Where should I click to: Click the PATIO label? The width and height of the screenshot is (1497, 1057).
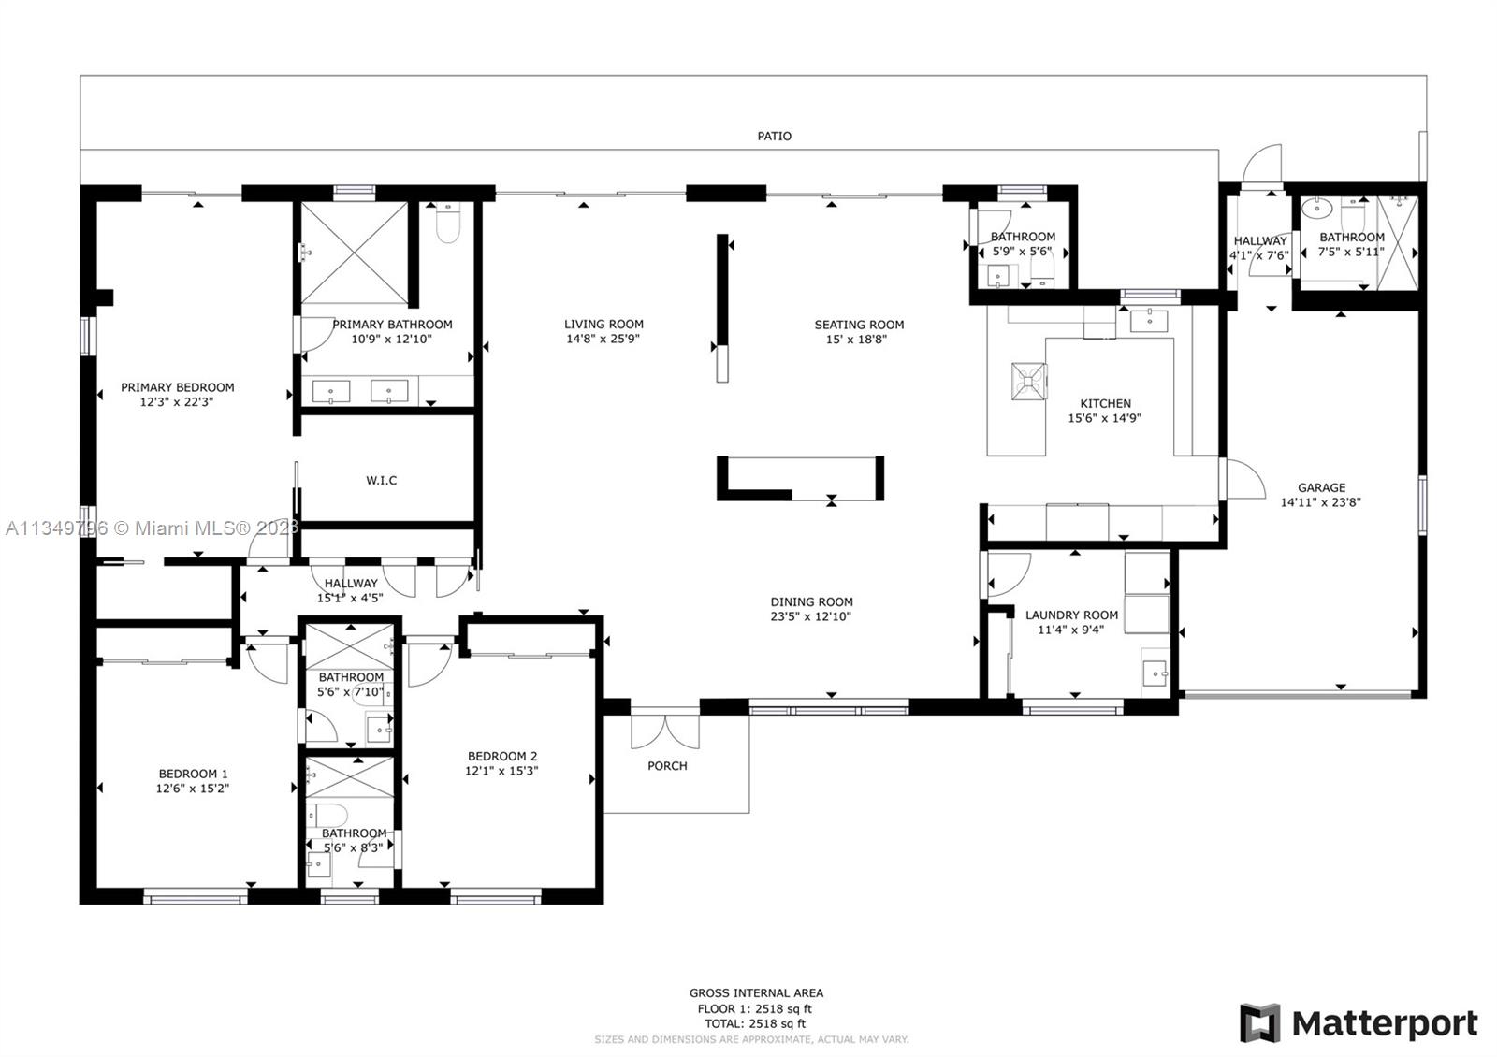[x=774, y=137]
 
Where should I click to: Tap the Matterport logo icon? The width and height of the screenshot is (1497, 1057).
[x=1259, y=1022]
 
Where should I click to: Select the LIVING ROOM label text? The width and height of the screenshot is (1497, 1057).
[x=603, y=324]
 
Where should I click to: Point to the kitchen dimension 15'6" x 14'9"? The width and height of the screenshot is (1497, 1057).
[x=1104, y=418]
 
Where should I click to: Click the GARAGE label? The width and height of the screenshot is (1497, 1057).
[x=1321, y=487]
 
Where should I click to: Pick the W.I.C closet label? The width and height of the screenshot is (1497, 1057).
[x=381, y=481]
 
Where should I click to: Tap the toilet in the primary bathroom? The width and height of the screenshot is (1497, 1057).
[x=448, y=224]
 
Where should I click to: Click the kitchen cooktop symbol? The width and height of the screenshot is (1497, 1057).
[x=1028, y=382]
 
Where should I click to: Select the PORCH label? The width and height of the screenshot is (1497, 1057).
[x=667, y=766]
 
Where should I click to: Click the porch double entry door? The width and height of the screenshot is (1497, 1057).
[x=665, y=731]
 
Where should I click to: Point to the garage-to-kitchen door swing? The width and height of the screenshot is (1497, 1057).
[x=1243, y=479]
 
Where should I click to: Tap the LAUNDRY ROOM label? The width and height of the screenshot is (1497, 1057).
[x=1071, y=615]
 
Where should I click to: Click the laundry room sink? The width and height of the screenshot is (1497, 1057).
[x=1155, y=673]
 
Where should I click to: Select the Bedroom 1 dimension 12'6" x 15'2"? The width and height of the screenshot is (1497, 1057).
[x=193, y=789]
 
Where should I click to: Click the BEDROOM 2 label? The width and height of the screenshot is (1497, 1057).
[x=501, y=757]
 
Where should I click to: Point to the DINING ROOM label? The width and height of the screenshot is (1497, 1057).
[x=811, y=602]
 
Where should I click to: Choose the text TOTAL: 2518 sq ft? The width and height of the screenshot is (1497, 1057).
[x=755, y=1023]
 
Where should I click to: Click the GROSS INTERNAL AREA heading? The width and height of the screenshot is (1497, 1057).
[x=756, y=992]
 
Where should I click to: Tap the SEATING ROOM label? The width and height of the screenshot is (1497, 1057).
[x=859, y=325]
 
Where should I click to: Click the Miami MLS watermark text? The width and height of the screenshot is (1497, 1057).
[x=152, y=528]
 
